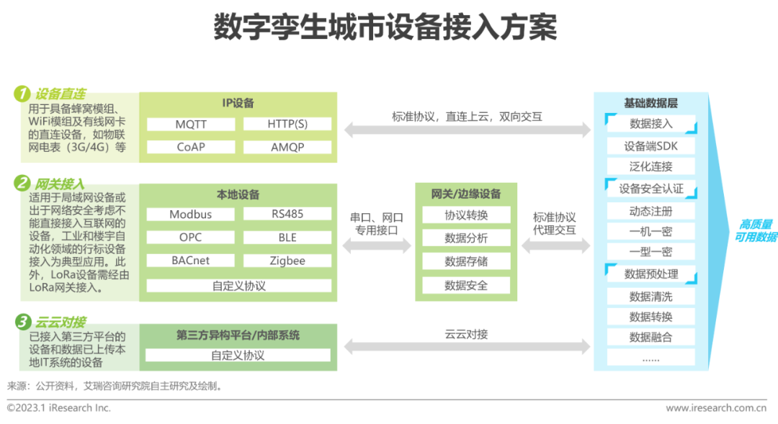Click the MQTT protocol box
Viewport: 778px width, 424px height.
(191, 124)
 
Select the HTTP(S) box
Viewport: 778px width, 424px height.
(287, 124)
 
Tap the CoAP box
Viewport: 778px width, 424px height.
(191, 147)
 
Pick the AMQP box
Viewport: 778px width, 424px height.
(287, 147)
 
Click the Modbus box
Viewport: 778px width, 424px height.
(191, 214)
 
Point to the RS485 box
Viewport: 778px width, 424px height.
(287, 214)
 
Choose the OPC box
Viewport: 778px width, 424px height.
(191, 237)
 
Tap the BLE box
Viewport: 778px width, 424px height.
(287, 237)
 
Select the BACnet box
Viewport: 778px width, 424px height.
(191, 261)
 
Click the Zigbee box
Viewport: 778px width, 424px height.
(287, 261)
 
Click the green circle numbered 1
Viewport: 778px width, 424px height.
(22, 94)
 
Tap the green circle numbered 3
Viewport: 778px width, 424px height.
(22, 321)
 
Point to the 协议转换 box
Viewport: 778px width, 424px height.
(466, 215)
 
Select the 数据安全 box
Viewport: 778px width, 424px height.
(466, 285)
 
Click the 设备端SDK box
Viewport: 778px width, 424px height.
(650, 146)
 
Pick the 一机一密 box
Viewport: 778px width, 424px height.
(650, 232)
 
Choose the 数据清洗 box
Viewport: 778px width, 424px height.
(650, 297)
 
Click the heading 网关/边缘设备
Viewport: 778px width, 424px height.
(466, 194)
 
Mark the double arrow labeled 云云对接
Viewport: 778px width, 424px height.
(466, 347)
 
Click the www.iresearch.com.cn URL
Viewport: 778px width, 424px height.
(715, 408)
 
